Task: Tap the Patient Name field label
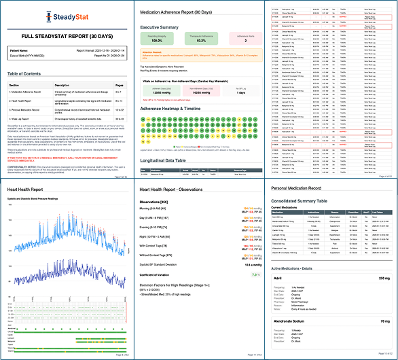[20, 50]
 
